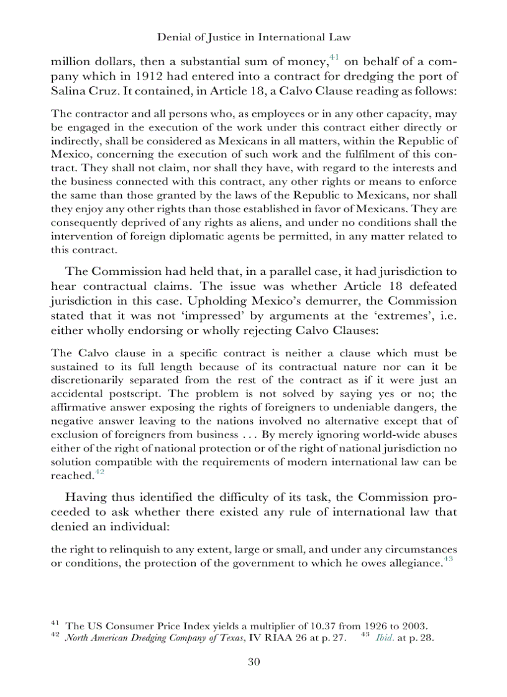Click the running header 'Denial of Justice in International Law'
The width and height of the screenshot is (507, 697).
(x=253, y=37)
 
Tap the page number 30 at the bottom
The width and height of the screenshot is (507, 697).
(x=253, y=662)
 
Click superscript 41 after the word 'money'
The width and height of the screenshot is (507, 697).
(x=333, y=58)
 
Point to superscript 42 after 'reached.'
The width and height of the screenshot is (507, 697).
(x=98, y=472)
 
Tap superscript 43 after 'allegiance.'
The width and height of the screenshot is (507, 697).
(x=449, y=559)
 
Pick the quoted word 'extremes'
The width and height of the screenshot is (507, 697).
(x=398, y=315)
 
